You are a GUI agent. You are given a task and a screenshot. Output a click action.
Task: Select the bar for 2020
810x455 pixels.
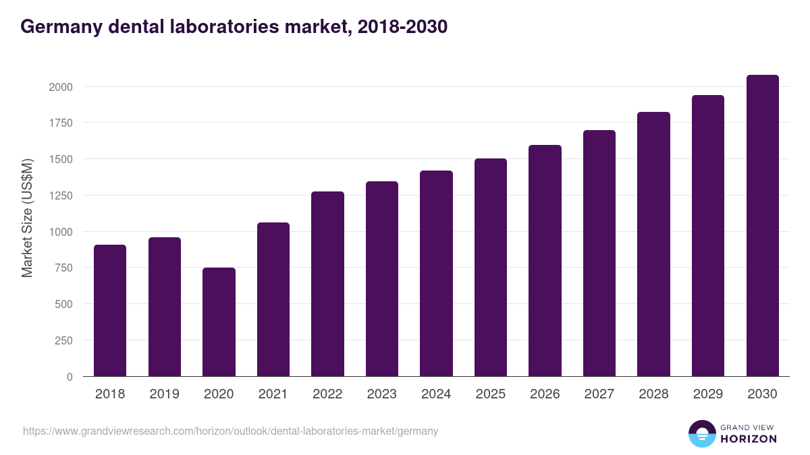coord(219,322)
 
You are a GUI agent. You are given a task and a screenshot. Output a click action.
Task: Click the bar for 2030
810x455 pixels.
coord(762,226)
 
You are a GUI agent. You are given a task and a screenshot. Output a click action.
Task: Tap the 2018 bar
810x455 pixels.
coord(110,311)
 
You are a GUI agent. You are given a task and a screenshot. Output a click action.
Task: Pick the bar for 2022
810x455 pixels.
coord(327,284)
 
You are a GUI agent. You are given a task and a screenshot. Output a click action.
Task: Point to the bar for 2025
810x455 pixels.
coord(490,268)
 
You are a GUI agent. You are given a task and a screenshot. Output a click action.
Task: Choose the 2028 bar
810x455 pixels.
coord(653,244)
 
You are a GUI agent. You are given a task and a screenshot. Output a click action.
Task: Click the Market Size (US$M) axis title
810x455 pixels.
coord(27,218)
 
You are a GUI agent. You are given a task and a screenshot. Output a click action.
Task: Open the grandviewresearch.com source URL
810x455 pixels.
coord(230,431)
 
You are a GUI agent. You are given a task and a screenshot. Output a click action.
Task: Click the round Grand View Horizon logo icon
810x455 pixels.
coord(702,433)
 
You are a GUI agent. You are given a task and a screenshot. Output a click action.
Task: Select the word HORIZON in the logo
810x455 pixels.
coord(749,439)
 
